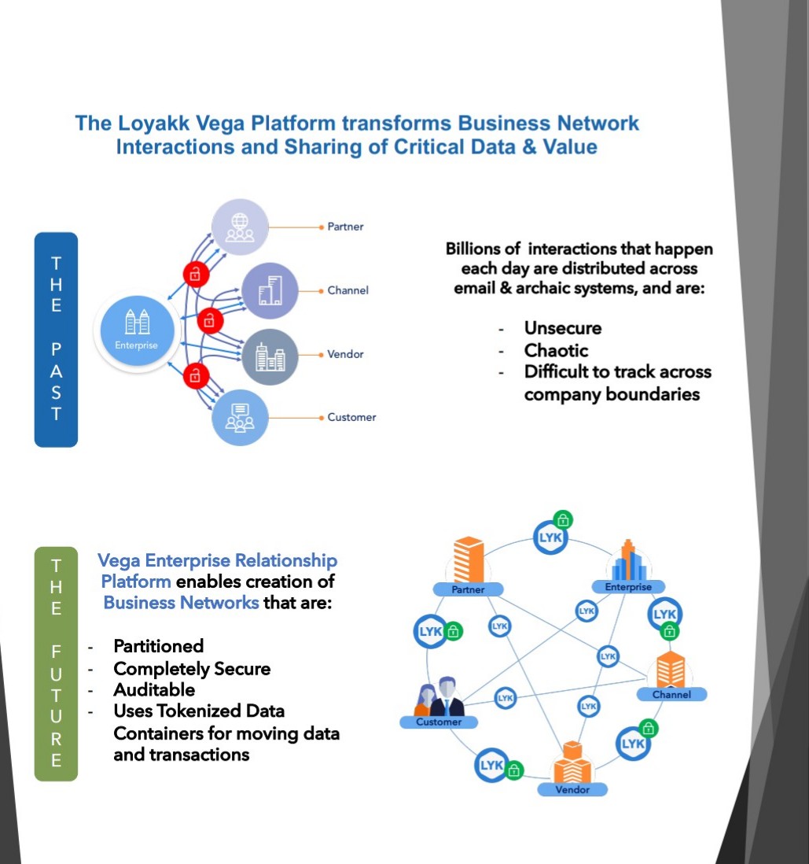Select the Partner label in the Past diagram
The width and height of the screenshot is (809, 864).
345,227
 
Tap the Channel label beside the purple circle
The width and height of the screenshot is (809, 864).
348,290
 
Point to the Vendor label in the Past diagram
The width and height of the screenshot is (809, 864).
345,354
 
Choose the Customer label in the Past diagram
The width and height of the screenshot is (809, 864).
351,417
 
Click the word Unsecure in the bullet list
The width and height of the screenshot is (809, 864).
563,328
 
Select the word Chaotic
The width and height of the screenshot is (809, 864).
556,350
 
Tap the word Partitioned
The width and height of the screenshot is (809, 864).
158,646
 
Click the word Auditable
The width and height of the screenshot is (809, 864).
154,689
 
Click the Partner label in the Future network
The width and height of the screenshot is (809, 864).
468,589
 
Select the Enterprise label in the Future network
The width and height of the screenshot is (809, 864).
628,587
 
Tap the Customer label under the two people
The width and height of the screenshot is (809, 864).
439,722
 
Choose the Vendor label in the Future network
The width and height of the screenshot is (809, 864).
572,789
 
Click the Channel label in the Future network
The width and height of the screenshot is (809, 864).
671,695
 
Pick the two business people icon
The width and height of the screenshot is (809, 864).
437,696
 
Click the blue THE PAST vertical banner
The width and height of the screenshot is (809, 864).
56,339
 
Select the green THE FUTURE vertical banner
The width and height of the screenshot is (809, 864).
56,663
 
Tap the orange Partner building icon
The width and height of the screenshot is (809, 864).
469,559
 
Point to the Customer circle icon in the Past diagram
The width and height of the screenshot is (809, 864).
239,417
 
